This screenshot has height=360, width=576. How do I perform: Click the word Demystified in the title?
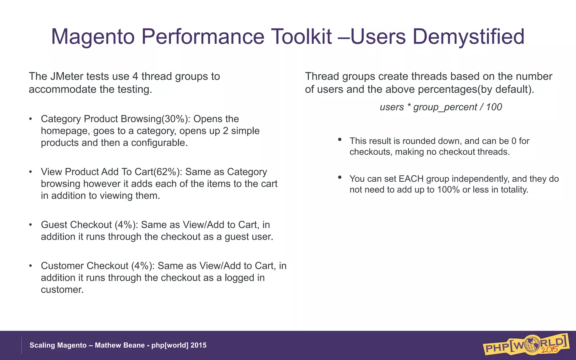click(x=468, y=37)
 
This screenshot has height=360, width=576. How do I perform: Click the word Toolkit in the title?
click(x=301, y=37)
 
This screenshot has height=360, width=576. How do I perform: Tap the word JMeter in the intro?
click(x=67, y=76)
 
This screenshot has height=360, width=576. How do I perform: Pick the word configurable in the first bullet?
click(x=159, y=143)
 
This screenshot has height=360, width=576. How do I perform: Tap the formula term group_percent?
click(x=445, y=107)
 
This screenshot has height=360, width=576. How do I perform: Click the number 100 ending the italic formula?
click(x=494, y=107)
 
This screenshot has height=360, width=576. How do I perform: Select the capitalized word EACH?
click(x=411, y=179)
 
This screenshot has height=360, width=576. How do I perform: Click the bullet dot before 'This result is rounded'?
click(x=340, y=139)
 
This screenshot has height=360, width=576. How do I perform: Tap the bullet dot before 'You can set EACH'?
click(x=340, y=177)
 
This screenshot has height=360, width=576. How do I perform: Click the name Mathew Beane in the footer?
click(x=120, y=345)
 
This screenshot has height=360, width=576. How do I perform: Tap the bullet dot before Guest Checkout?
click(x=31, y=225)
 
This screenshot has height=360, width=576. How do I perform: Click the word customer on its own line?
click(x=62, y=290)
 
